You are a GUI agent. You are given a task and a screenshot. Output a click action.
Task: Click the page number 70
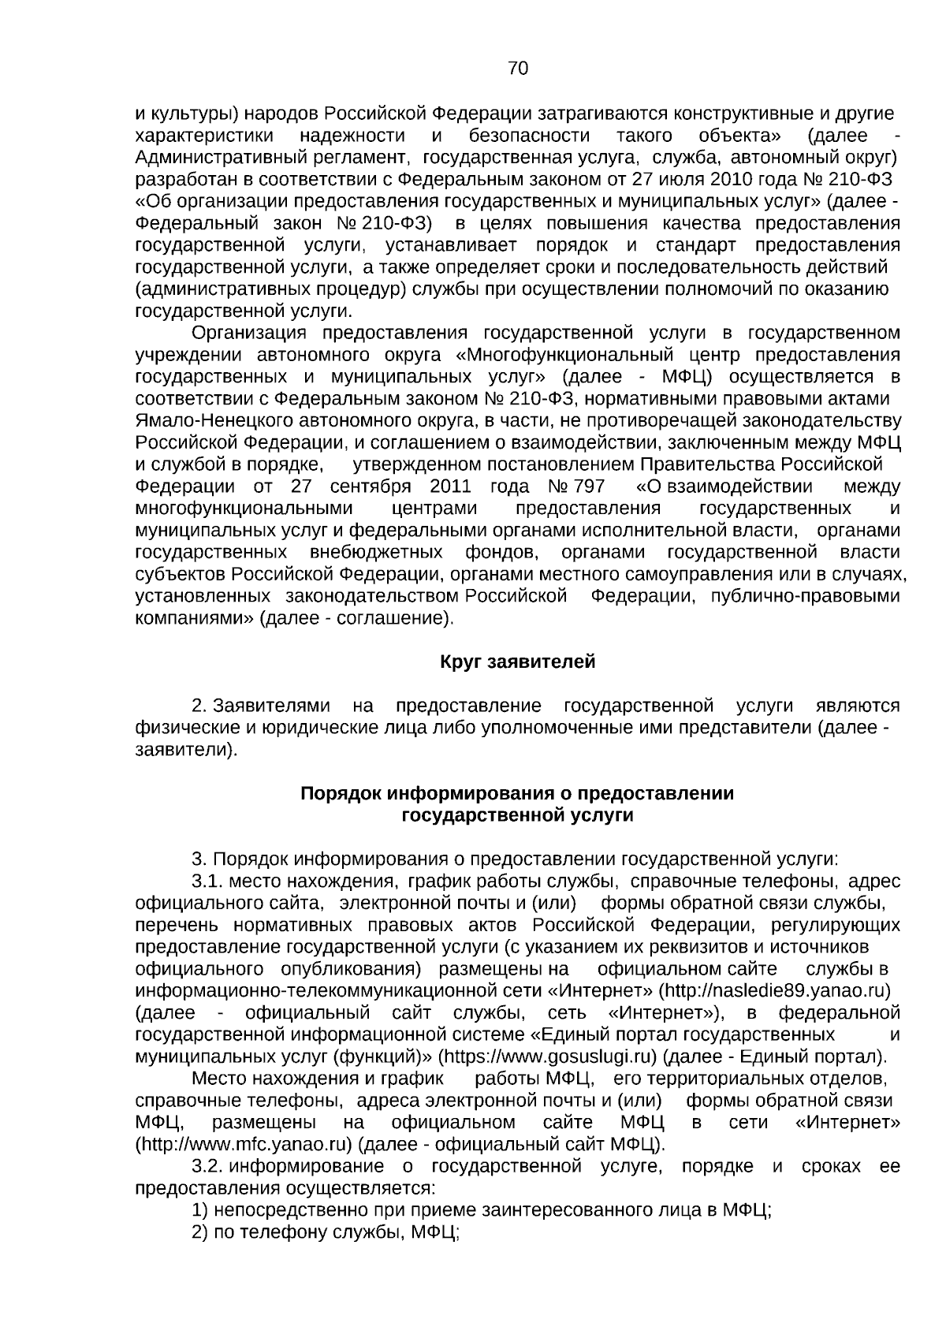coord(518,69)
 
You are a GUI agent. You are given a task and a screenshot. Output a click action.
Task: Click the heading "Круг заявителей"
coord(517,662)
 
